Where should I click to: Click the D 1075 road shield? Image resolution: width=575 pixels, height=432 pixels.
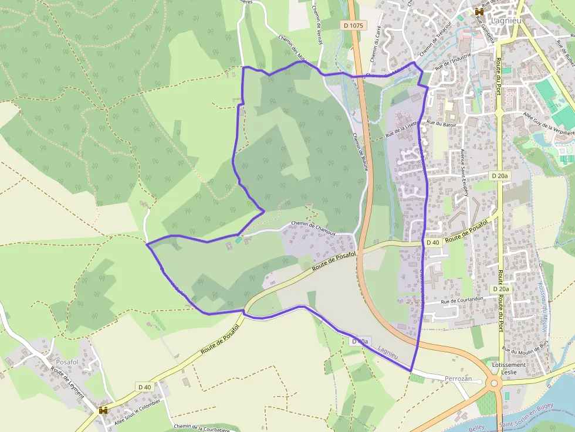(353, 25)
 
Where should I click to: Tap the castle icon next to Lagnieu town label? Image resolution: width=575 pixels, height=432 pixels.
(479, 11)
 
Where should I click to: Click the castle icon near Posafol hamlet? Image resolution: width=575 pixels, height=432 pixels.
(103, 411)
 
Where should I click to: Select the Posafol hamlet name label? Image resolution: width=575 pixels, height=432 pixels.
(67, 362)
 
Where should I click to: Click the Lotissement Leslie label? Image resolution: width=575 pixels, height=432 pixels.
(509, 368)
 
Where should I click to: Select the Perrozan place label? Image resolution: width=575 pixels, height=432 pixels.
(458, 379)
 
